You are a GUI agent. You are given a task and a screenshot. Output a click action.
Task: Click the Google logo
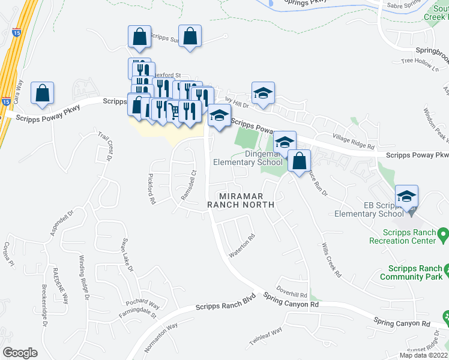(x=20, y=353)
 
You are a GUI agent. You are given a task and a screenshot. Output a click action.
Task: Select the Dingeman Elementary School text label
(x=247, y=157)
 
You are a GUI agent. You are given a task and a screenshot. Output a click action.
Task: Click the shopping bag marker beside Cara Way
(x=43, y=94)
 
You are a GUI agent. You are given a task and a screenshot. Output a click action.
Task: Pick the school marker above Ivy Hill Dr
(x=263, y=93)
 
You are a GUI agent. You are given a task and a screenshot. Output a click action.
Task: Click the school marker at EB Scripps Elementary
(x=406, y=196)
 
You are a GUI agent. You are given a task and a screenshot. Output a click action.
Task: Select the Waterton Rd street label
(x=242, y=245)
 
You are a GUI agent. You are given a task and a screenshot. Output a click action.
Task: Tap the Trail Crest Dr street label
(x=105, y=147)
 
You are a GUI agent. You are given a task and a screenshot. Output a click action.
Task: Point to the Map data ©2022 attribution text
(x=424, y=355)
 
